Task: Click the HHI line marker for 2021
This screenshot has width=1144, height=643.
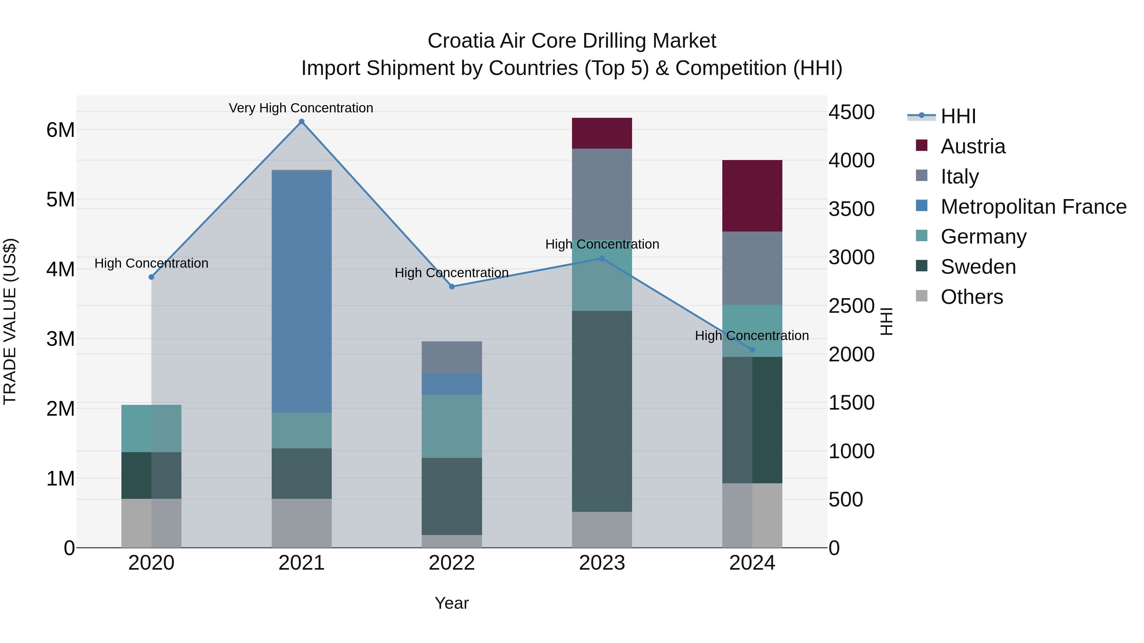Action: click(x=302, y=122)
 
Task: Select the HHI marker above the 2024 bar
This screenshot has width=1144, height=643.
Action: click(x=752, y=350)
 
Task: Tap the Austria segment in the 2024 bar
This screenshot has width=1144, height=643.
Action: click(x=752, y=195)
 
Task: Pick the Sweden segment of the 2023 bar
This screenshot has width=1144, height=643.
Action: click(x=602, y=411)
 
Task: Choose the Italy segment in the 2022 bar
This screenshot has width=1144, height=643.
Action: click(x=452, y=357)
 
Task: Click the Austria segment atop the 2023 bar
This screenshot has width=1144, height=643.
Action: click(x=602, y=133)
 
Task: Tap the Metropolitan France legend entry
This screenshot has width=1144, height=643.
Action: click(x=1033, y=206)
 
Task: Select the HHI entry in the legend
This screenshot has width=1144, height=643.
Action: click(x=958, y=116)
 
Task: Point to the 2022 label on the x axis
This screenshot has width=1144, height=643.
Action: click(x=452, y=563)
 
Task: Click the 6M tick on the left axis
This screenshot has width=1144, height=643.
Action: click(x=60, y=130)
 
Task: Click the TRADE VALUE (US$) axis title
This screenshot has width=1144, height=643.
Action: click(x=10, y=321)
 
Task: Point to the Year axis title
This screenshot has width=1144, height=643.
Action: click(x=452, y=603)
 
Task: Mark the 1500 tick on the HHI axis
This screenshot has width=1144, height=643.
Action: click(x=851, y=403)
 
